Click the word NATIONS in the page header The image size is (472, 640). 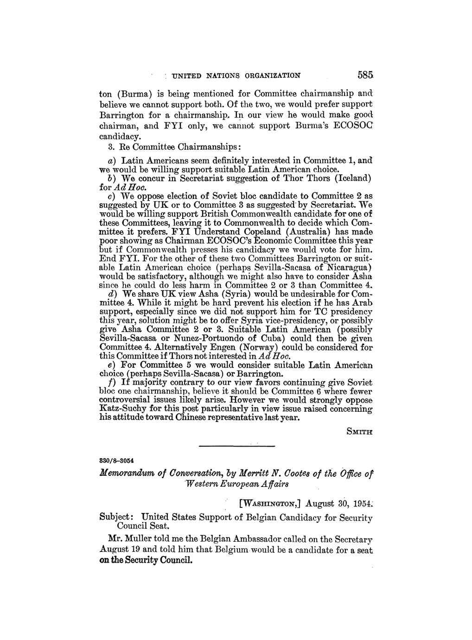click(x=218, y=75)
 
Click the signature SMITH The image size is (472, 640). click(x=359, y=431)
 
